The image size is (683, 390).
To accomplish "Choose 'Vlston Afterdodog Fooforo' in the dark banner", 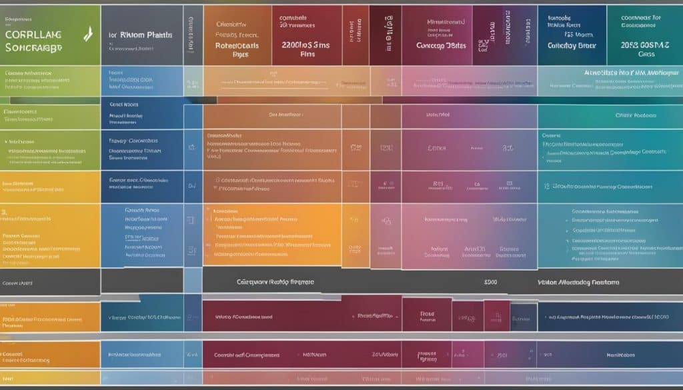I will click(x=578, y=282).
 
